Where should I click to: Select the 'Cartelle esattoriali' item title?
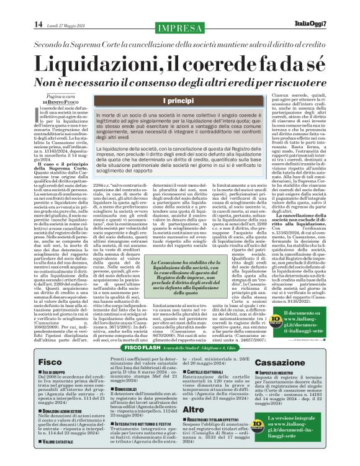(208, 370)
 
